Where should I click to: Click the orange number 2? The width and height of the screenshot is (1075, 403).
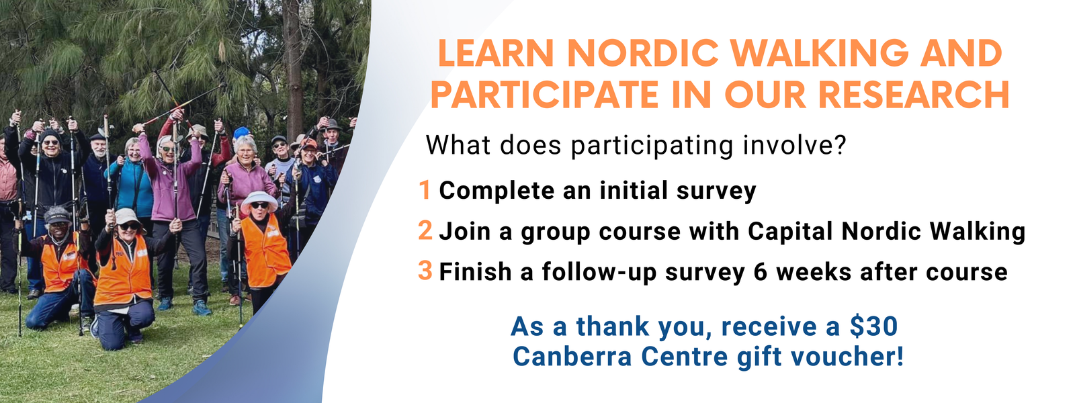(425, 230)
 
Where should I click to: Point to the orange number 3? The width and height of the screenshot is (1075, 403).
(425, 271)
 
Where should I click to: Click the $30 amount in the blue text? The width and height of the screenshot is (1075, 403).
(873, 326)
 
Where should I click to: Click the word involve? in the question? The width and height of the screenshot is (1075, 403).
(793, 145)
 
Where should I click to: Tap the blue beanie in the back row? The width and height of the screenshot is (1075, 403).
(241, 132)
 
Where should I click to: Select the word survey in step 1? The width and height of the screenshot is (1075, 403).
(716, 191)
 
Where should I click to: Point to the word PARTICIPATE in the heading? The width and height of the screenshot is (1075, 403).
(545, 95)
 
